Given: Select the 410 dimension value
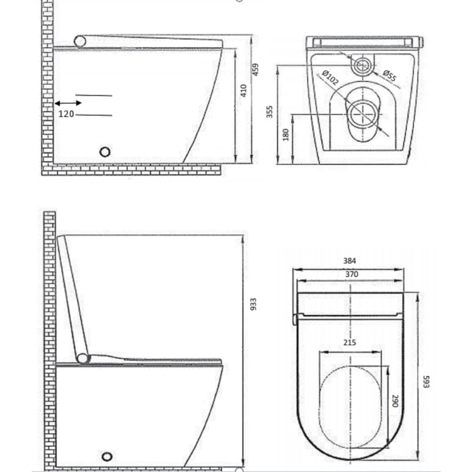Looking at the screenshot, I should pos(243,91).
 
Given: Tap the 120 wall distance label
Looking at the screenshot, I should pos(66,114).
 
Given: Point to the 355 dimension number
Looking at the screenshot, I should pos(270,112).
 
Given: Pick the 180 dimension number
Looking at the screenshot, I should pos(286,135).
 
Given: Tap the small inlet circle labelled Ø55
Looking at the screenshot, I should pos(362,66).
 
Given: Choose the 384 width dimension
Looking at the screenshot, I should pos(350,261).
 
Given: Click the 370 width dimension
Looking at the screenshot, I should pos(351,274).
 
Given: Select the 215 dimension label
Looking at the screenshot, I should pos(350,342).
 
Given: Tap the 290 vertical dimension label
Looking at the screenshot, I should pos(395,401).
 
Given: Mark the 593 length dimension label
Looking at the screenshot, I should pos(426,381).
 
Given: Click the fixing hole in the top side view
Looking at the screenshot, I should pos(105,152).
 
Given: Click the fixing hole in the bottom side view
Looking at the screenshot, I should pos(108,456).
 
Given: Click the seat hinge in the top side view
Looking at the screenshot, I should pos(80,41).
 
